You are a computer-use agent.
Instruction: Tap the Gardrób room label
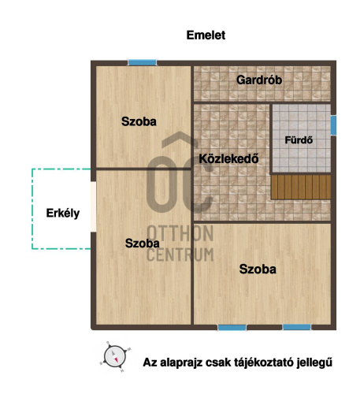pos(259,80)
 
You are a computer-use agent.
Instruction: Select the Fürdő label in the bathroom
pos(299,141)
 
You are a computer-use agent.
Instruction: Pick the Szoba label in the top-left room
pos(139,121)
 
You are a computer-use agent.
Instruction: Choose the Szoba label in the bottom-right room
pos(258,269)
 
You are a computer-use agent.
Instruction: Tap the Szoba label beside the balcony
pos(143,243)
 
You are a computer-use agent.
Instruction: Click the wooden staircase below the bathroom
pos(301,187)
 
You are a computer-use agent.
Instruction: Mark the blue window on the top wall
pos(142,61)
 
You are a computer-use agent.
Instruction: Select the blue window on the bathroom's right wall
pos(333,125)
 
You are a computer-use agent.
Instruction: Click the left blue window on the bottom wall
pos(232,326)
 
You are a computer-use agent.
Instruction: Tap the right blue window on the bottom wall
pos(296,326)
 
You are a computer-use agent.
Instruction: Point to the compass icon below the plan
pos(115,356)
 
